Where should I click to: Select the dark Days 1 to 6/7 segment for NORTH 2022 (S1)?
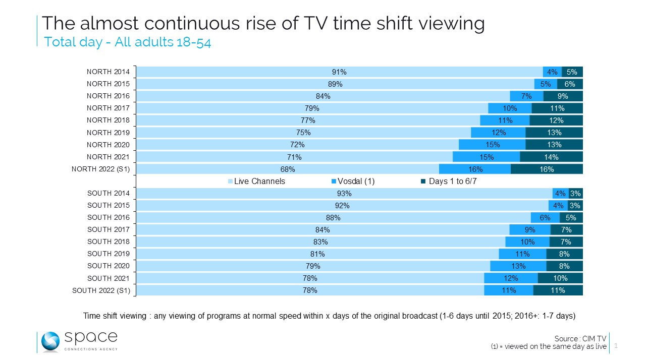(x=547, y=169)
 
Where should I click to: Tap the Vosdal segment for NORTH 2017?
(x=510, y=108)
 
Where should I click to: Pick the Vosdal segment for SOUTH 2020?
(x=518, y=266)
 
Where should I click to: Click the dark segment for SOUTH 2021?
(x=560, y=278)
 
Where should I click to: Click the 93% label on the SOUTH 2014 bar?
(x=344, y=194)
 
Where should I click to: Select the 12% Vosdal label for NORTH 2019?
(x=499, y=133)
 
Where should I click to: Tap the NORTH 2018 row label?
(x=108, y=120)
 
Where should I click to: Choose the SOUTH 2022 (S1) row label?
(x=101, y=290)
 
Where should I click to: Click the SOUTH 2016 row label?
(x=108, y=218)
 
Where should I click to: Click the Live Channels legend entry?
(x=257, y=181)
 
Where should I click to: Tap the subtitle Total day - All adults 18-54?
(x=127, y=42)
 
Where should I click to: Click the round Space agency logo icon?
(x=50, y=342)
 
